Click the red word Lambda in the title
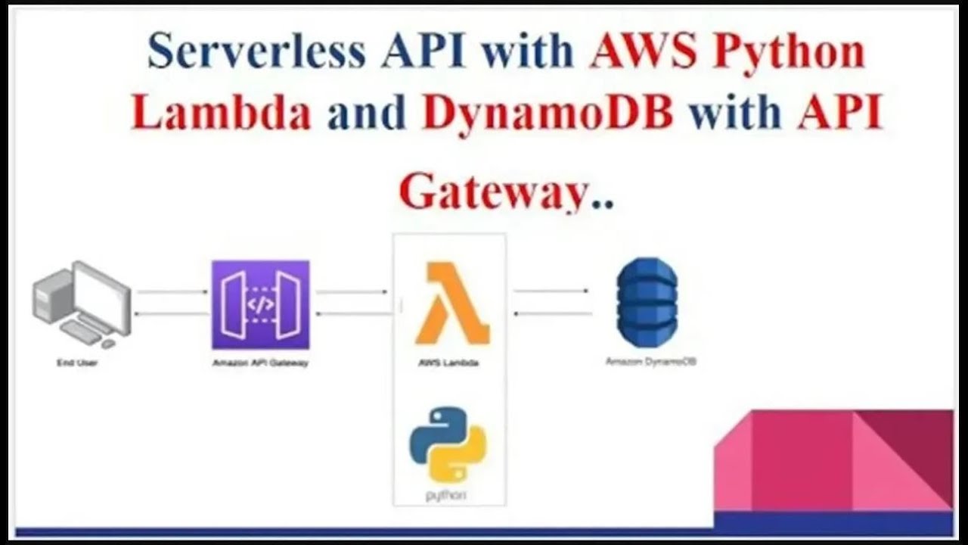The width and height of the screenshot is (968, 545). (221, 114)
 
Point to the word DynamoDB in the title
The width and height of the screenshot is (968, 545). (548, 114)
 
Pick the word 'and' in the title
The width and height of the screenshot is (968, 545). (367, 114)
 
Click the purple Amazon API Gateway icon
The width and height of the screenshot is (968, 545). (260, 304)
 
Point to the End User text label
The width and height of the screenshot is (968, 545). (77, 363)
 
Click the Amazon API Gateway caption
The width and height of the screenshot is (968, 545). (260, 363)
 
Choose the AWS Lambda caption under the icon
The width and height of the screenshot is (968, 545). (448, 363)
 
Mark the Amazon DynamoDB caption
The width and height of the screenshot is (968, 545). (651, 362)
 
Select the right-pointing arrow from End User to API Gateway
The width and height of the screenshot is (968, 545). (172, 291)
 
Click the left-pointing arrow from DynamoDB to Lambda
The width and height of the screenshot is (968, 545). (551, 312)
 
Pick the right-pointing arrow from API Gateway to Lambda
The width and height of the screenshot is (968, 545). (352, 291)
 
